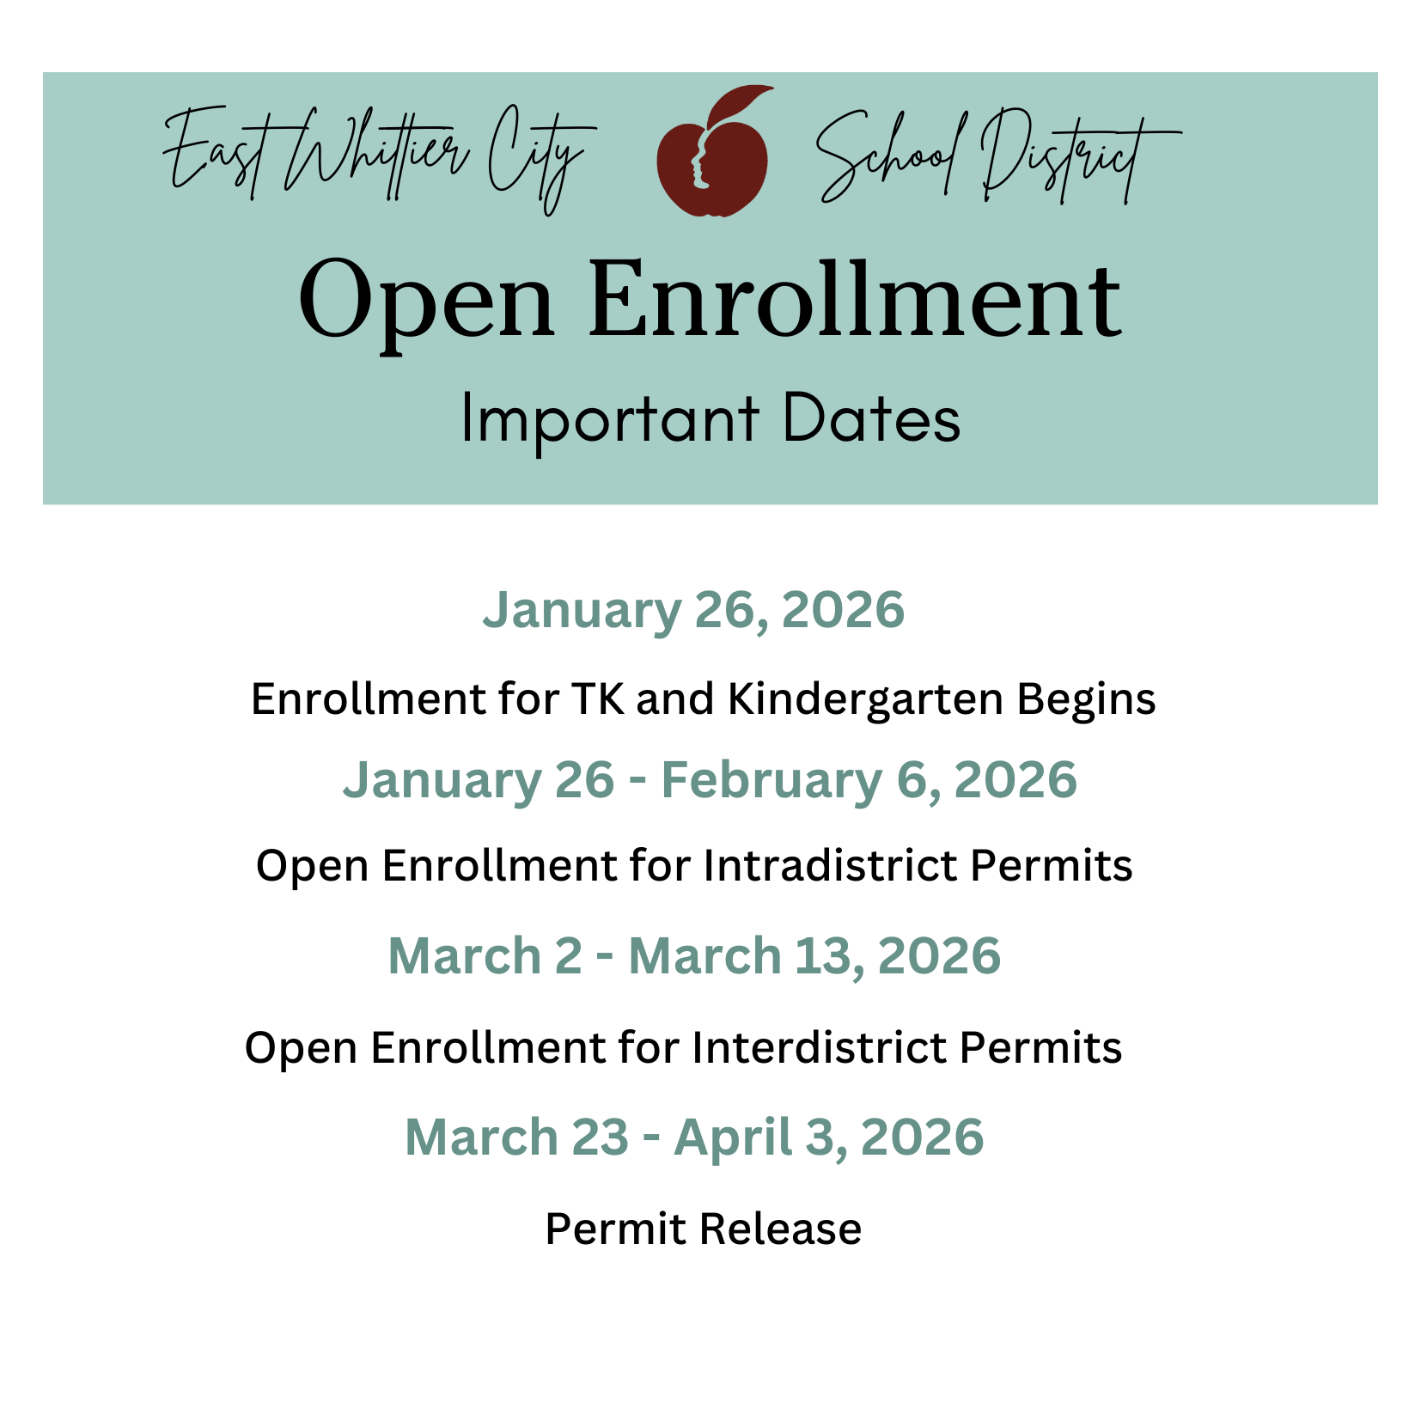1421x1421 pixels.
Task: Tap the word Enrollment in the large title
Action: pyautogui.click(x=855, y=301)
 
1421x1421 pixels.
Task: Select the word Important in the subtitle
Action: pyautogui.click(x=610, y=420)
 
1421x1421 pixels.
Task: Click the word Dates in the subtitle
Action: pyautogui.click(x=871, y=418)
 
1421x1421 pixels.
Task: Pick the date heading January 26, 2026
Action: pyautogui.click(x=693, y=611)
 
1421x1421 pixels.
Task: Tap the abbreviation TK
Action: pyautogui.click(x=598, y=698)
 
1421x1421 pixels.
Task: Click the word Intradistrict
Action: pyautogui.click(x=830, y=865)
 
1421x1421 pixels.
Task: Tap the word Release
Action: pyautogui.click(x=780, y=1229)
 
